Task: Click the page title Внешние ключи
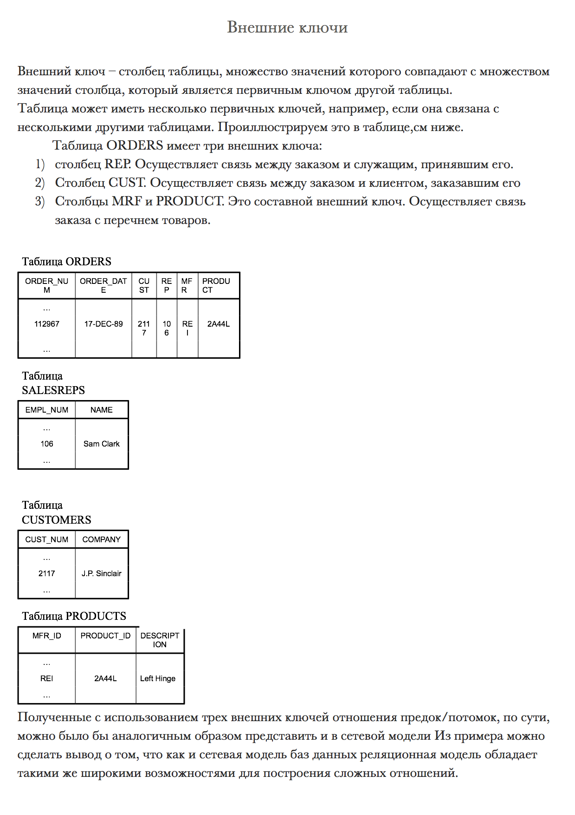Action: click(287, 27)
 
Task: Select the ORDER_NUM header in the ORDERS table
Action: click(46, 285)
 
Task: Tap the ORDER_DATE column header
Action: click(103, 285)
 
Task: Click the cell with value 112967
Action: click(46, 324)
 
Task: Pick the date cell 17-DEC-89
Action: click(103, 324)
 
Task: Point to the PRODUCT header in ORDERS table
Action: click(216, 285)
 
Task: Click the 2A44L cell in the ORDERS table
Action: click(218, 324)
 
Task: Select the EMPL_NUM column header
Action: click(46, 410)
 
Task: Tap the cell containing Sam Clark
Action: click(101, 444)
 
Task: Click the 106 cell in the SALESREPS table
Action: click(46, 444)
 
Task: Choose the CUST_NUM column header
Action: click(46, 539)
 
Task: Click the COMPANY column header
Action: click(101, 539)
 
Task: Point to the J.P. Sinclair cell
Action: click(101, 573)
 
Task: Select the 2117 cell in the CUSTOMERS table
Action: click(46, 573)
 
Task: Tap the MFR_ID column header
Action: click(46, 636)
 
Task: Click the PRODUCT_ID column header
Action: click(105, 636)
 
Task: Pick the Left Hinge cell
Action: click(158, 678)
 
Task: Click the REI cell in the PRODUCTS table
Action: click(46, 678)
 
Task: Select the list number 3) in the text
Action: click(40, 202)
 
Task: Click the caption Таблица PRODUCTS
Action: click(74, 616)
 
